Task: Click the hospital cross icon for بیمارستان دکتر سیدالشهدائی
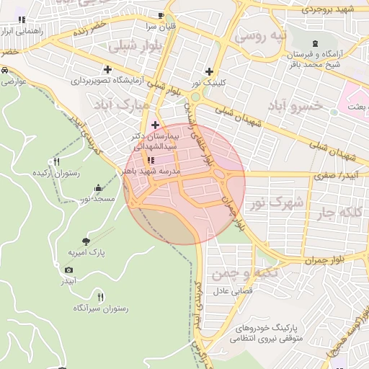tap(155, 125)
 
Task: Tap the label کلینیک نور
tap(210, 83)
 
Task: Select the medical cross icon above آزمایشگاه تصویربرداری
tap(107, 70)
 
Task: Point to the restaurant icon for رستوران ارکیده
tap(57, 161)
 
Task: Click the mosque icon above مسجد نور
tap(97, 188)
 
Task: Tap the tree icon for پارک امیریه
tap(86, 241)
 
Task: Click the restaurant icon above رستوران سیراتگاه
tap(100, 296)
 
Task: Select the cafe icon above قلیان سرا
tap(161, 16)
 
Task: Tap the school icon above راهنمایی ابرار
tap(22, 19)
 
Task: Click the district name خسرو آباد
tap(274, 106)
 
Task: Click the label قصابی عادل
tap(230, 292)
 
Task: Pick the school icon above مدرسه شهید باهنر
tap(151, 160)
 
